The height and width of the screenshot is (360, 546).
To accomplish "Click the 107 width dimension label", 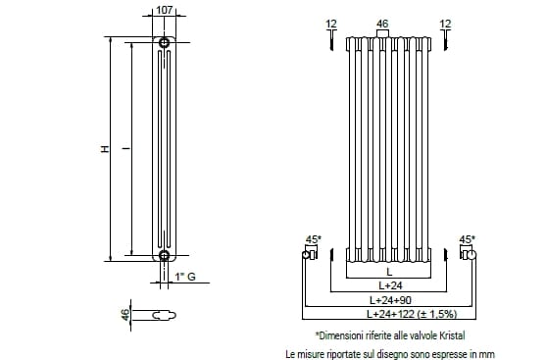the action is (x=165, y=10).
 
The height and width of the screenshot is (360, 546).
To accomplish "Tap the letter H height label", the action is (x=105, y=149).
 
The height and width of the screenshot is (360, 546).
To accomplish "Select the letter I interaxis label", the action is (x=126, y=148).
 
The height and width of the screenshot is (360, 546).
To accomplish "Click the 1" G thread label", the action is (x=185, y=277).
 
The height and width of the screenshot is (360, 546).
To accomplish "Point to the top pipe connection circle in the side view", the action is (x=164, y=42).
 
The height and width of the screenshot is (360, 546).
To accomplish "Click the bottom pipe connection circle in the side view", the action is (x=164, y=255).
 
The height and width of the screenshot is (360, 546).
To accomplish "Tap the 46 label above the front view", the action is (x=382, y=24).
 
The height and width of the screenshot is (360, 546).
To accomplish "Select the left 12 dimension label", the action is (x=331, y=24).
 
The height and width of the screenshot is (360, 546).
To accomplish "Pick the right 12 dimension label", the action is (x=445, y=24).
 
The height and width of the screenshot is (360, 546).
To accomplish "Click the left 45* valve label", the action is (x=314, y=239).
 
